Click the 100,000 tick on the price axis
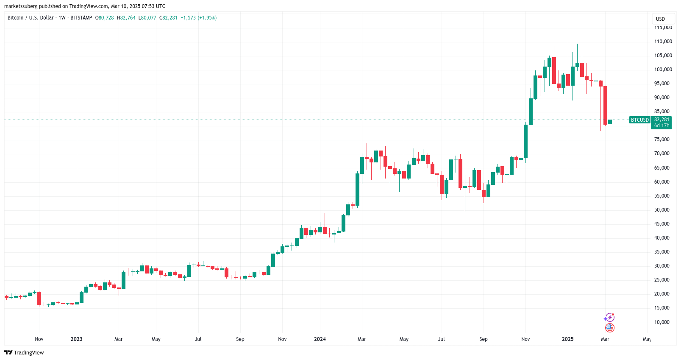(663, 70)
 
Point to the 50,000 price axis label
(662, 210)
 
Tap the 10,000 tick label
(662, 322)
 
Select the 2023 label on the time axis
(77, 339)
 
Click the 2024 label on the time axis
(320, 339)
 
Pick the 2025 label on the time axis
(567, 339)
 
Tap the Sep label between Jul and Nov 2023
(240, 339)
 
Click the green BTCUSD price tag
(639, 120)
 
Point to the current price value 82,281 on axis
(662, 120)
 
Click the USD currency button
(660, 19)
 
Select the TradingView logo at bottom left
(24, 353)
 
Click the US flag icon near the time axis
(609, 327)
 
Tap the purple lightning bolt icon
(609, 318)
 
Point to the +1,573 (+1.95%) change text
(198, 18)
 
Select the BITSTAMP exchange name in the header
(81, 18)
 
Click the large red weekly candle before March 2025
(605, 105)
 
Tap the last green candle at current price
(610, 122)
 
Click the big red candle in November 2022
(39, 298)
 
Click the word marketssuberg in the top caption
(21, 6)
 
